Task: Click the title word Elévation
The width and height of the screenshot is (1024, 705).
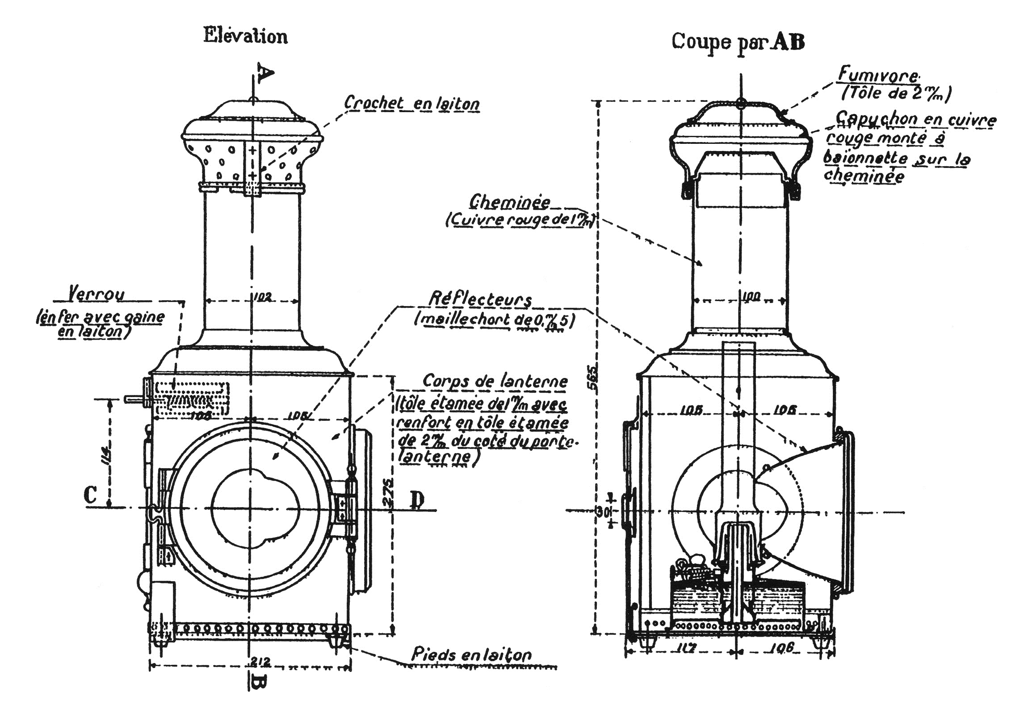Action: pos(245,36)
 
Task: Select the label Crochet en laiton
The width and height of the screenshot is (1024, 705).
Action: pos(411,104)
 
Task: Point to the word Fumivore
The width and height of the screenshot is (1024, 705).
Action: pos(878,75)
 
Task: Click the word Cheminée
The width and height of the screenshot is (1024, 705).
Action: pos(509,202)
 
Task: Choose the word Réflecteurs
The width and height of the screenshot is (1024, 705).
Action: pos(480,299)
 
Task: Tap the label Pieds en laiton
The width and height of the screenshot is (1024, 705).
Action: pos(471,655)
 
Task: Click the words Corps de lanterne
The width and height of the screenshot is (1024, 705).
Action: pos(495,382)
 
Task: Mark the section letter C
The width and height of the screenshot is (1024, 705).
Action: pos(91,495)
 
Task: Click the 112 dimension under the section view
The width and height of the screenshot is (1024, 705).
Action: pos(683,648)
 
